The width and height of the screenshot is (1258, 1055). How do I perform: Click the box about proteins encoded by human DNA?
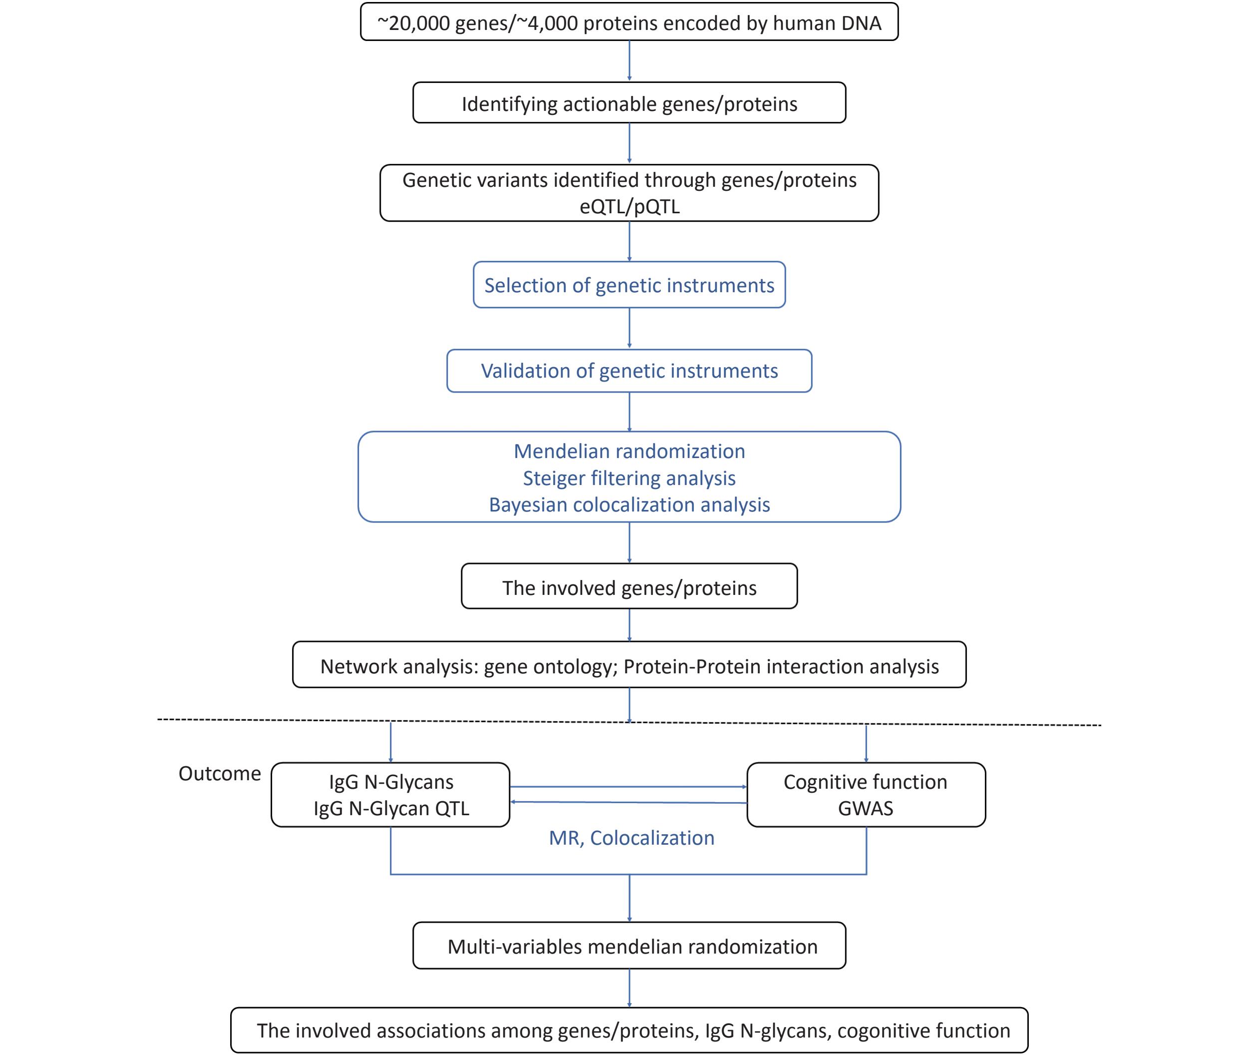[629, 22]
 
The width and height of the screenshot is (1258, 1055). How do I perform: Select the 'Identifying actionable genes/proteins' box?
[629, 103]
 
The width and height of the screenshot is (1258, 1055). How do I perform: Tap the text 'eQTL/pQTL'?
[629, 207]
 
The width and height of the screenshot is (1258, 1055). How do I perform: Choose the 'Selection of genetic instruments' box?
[629, 285]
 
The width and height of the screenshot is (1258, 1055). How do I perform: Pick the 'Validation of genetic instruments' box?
[629, 371]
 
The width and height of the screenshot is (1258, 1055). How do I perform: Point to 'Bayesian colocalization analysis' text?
[629, 505]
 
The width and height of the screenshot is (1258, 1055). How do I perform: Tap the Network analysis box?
[629, 665]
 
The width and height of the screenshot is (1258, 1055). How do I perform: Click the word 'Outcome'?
[220, 774]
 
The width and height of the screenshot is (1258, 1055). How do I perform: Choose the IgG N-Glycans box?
[390, 795]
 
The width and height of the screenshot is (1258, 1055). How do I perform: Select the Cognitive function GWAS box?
[866, 795]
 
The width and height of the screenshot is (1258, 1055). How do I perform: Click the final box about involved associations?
[629, 1031]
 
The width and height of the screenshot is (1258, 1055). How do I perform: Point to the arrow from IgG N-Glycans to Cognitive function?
[629, 786]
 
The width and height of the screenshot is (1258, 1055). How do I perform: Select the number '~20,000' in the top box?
[413, 23]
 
